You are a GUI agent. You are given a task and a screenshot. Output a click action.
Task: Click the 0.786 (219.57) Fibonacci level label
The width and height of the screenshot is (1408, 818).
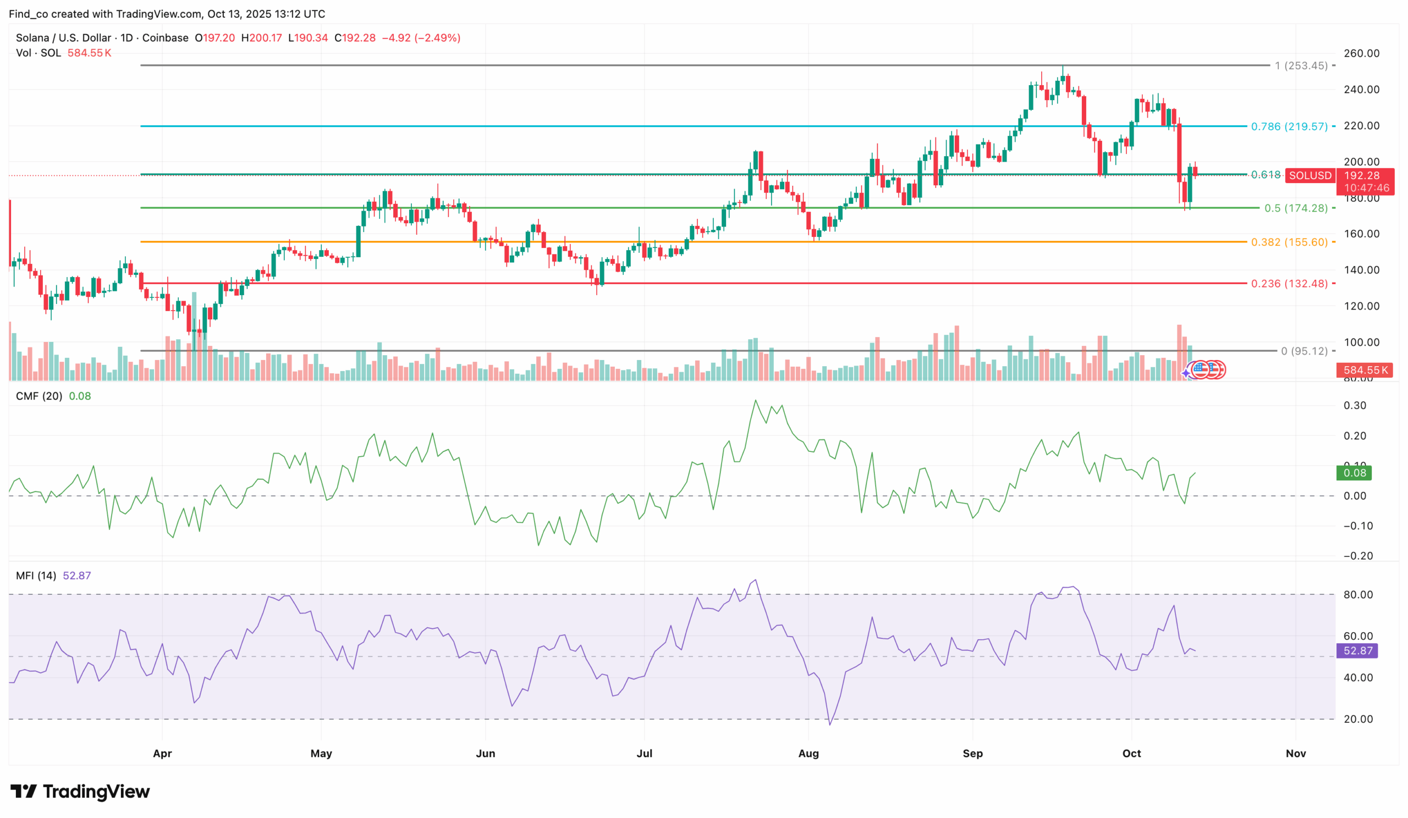click(x=1289, y=126)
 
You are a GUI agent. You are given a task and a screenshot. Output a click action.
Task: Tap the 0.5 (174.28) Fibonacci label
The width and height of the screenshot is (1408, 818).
click(x=1296, y=208)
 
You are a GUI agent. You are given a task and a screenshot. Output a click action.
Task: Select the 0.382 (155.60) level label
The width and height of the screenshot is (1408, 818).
click(x=1289, y=242)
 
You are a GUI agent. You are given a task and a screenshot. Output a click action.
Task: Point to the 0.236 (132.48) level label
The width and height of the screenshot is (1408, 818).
click(x=1289, y=283)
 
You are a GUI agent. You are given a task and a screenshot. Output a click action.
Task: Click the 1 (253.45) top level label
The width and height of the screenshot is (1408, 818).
click(x=1300, y=65)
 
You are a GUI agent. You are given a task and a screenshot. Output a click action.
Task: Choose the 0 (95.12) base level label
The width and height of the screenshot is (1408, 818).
click(x=1303, y=351)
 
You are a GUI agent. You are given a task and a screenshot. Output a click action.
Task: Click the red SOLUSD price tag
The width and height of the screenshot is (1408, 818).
click(x=1310, y=175)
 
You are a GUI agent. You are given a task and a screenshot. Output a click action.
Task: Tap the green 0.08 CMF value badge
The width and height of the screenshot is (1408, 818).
click(x=1354, y=473)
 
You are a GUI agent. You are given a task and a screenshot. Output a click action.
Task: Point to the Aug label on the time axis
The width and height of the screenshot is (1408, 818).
click(x=808, y=753)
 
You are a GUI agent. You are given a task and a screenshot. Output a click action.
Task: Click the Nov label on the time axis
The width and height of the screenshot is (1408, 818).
click(x=1296, y=753)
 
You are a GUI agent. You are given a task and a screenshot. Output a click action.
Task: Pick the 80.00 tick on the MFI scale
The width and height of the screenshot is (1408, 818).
click(x=1358, y=594)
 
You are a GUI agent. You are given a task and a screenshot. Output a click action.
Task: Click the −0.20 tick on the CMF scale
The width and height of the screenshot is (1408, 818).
click(x=1358, y=556)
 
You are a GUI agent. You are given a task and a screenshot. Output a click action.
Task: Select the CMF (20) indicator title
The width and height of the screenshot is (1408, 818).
click(x=39, y=396)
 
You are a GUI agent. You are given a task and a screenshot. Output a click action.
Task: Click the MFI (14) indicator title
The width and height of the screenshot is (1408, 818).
click(x=36, y=575)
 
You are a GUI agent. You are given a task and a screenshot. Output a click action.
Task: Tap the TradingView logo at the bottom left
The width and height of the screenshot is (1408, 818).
click(x=80, y=791)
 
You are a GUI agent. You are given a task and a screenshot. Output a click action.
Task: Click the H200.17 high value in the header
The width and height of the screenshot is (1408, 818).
click(x=261, y=38)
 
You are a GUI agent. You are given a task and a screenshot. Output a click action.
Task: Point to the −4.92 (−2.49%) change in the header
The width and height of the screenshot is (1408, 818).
click(x=421, y=38)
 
